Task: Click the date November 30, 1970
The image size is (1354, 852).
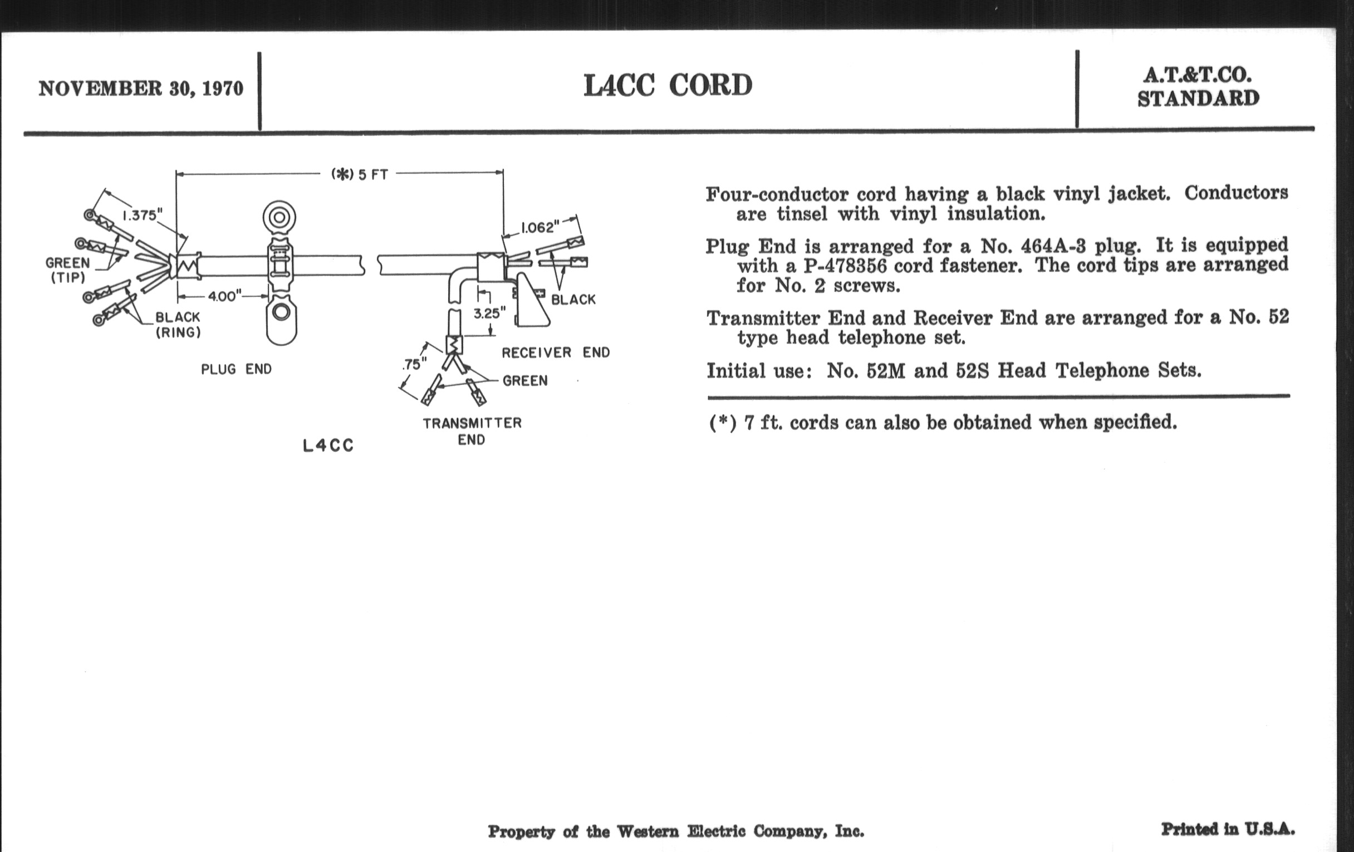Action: [140, 89]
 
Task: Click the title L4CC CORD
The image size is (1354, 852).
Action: [668, 86]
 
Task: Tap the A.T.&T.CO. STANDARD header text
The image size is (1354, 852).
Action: [1198, 87]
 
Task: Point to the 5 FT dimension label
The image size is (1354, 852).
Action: [360, 174]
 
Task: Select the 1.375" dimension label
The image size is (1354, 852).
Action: [143, 216]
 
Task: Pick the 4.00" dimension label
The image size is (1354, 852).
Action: [224, 296]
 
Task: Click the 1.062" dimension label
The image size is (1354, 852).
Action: [540, 227]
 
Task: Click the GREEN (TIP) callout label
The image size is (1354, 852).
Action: [67, 270]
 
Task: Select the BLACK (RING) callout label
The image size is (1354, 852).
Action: [178, 325]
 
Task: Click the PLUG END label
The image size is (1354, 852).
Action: [236, 370]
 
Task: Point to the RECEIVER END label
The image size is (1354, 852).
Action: [556, 352]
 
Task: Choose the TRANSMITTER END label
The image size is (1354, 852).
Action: [472, 431]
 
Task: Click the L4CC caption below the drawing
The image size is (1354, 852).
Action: [328, 446]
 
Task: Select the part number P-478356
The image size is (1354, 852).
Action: [845, 266]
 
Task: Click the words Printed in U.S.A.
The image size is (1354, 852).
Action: [1228, 829]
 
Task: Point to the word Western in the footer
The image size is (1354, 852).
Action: [647, 831]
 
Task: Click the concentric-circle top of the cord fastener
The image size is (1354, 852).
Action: [279, 217]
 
